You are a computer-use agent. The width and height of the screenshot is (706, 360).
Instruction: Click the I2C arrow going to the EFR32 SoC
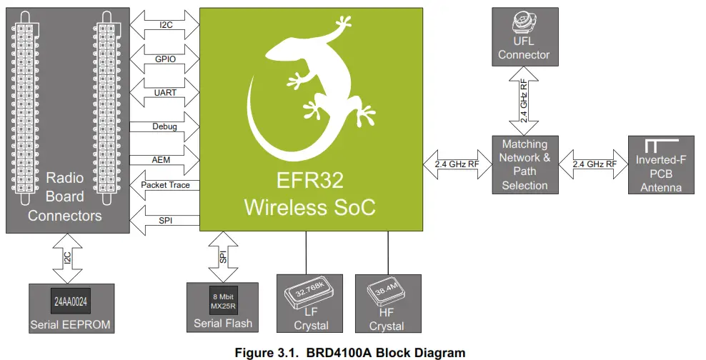pyautogui.click(x=164, y=25)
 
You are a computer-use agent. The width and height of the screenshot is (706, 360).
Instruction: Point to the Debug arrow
pyautogui.click(x=164, y=126)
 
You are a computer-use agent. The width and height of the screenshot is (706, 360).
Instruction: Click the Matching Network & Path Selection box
pyautogui.click(x=524, y=165)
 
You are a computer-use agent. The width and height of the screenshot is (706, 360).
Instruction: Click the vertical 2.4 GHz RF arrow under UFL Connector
pyautogui.click(x=524, y=100)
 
